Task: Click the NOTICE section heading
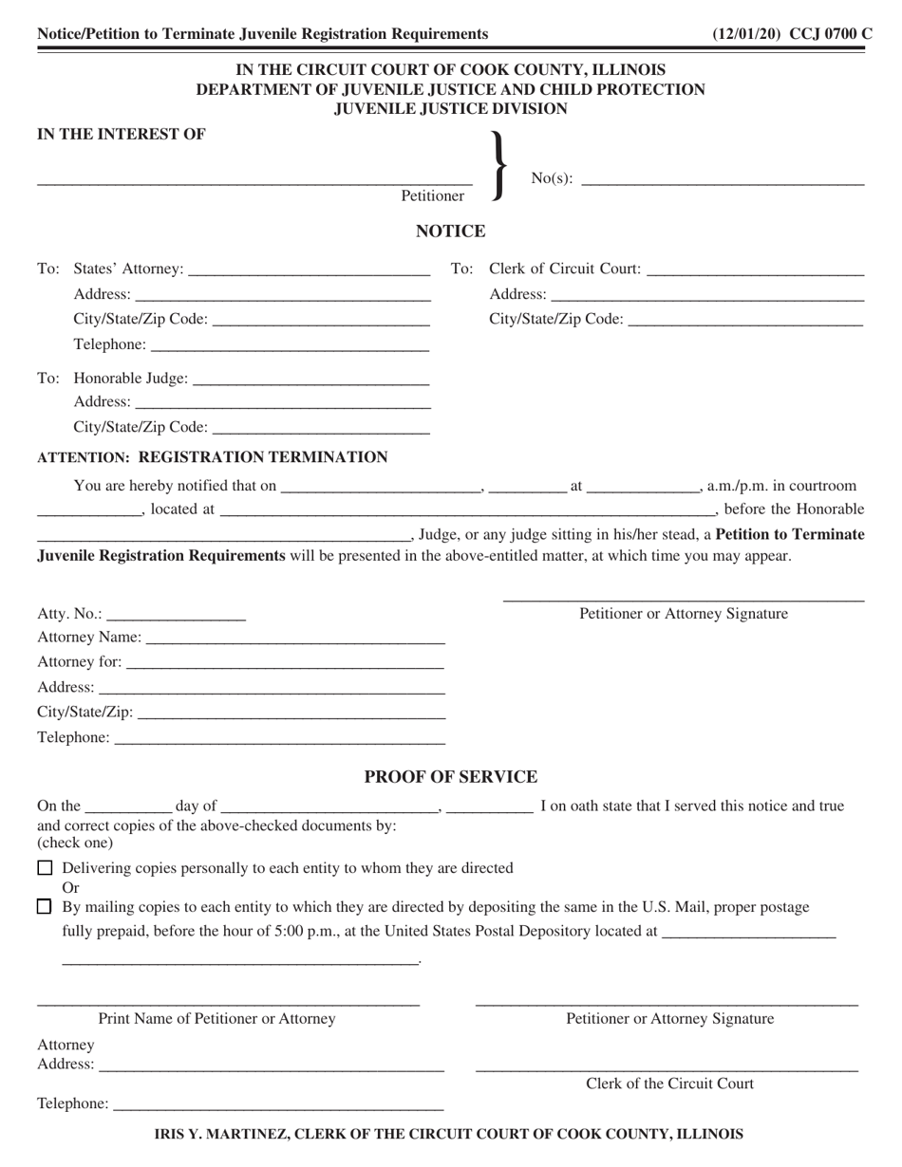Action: pyautogui.click(x=451, y=232)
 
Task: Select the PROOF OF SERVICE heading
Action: pyautogui.click(x=451, y=777)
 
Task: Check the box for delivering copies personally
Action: pyautogui.click(x=45, y=867)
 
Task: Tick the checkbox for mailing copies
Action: pyautogui.click(x=45, y=906)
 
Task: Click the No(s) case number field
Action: pyautogui.click(x=722, y=177)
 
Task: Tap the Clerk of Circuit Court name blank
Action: pyautogui.click(x=755, y=270)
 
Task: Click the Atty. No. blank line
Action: pyautogui.click(x=177, y=615)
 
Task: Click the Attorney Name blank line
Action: pyautogui.click(x=295, y=638)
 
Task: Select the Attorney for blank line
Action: pyautogui.click(x=285, y=662)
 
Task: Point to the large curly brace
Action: pyautogui.click(x=498, y=165)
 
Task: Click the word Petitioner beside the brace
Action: pyautogui.click(x=432, y=195)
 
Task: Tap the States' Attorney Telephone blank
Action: pyautogui.click(x=290, y=345)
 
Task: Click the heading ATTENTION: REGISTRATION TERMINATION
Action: pyautogui.click(x=212, y=457)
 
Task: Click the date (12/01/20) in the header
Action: pyautogui.click(x=746, y=34)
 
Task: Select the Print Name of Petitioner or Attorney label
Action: pyautogui.click(x=216, y=1019)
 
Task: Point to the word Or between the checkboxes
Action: pyautogui.click(x=70, y=887)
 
